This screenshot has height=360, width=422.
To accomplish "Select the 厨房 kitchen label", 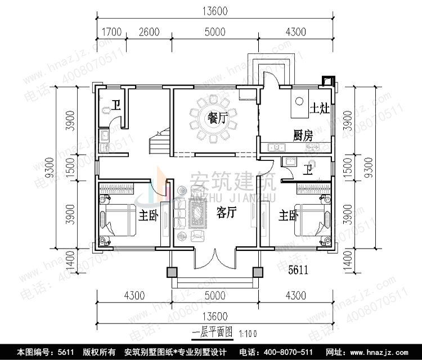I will coord(303,136).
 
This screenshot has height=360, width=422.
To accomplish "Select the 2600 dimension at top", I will coord(149,32).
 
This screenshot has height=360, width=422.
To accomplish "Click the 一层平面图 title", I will coord(212,332).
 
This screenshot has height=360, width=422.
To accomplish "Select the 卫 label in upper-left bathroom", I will coord(115,105).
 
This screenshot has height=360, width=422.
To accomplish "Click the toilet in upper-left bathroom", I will coord(105,110).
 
